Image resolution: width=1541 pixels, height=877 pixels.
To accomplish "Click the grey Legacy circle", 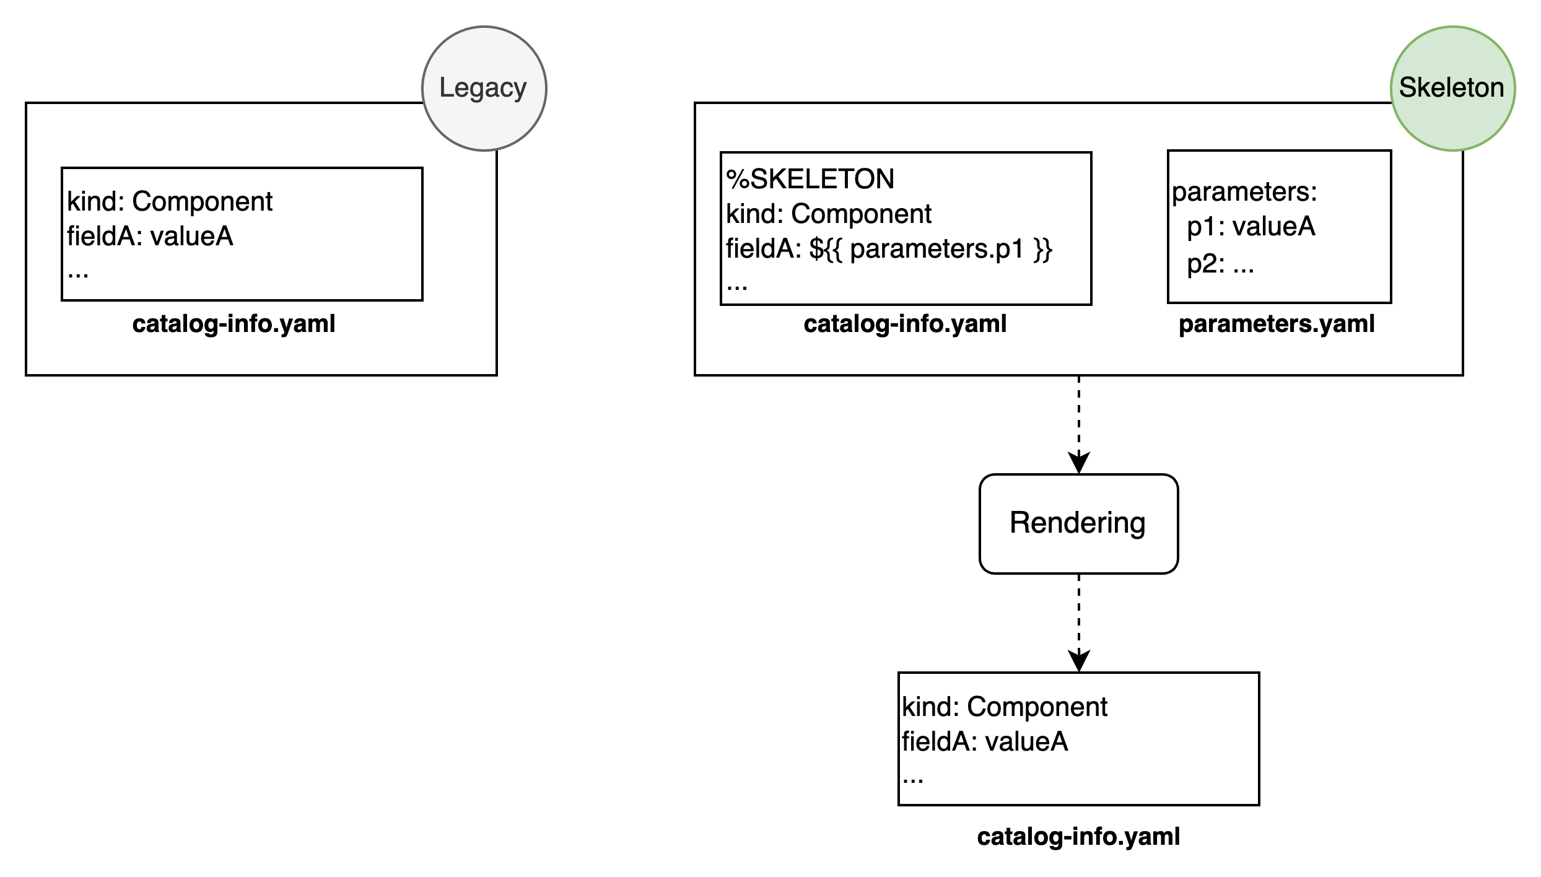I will coord(484,88).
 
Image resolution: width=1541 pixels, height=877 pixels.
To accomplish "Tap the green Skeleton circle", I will coord(1452,88).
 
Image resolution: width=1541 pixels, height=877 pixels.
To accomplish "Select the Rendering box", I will coord(1078,523).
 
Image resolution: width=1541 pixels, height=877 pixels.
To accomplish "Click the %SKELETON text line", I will coord(810,180).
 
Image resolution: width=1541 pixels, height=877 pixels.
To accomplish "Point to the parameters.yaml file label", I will coord(1277,324).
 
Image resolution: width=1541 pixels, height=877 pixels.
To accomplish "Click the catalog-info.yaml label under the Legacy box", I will coord(234,324).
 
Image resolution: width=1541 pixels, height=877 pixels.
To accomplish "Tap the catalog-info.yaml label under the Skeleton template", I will coord(905,324).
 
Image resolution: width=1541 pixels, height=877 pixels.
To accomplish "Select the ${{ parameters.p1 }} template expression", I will coord(931,249).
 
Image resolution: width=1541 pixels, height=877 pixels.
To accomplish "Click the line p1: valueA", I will coord(1251,227).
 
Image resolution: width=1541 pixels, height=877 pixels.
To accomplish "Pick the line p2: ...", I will coord(1220,264).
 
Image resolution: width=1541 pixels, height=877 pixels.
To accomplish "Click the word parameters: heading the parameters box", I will coord(1244,192).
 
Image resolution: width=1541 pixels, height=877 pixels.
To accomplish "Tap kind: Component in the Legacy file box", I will coord(170,202).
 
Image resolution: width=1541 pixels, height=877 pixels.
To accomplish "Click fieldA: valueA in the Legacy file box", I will coord(150,237).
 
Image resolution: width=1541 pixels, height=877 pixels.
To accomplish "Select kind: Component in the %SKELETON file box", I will coord(829,214).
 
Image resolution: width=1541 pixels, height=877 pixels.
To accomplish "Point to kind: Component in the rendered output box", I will coord(1005,707).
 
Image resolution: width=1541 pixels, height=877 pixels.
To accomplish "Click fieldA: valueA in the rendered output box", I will coord(985,742).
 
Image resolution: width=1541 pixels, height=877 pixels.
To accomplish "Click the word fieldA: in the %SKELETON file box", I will coord(764,249).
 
